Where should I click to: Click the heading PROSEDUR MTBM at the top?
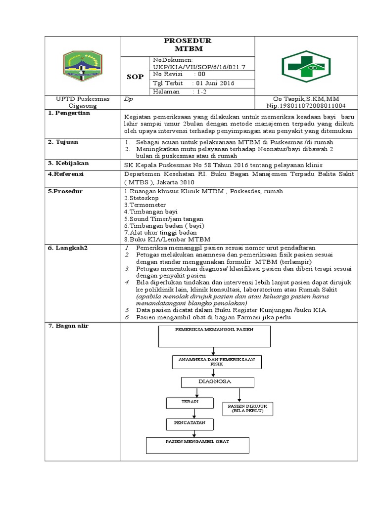188,45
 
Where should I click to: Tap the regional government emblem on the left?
83,65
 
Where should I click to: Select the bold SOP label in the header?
135,77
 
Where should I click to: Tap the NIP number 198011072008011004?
306,106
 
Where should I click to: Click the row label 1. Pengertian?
69,113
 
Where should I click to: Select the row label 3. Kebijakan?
68,163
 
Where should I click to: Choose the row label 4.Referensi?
66,174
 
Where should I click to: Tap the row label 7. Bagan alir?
68,326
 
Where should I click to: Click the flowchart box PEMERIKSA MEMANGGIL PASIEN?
214,336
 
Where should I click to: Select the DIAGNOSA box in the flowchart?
218,382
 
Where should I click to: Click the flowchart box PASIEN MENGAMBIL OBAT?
197,445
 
